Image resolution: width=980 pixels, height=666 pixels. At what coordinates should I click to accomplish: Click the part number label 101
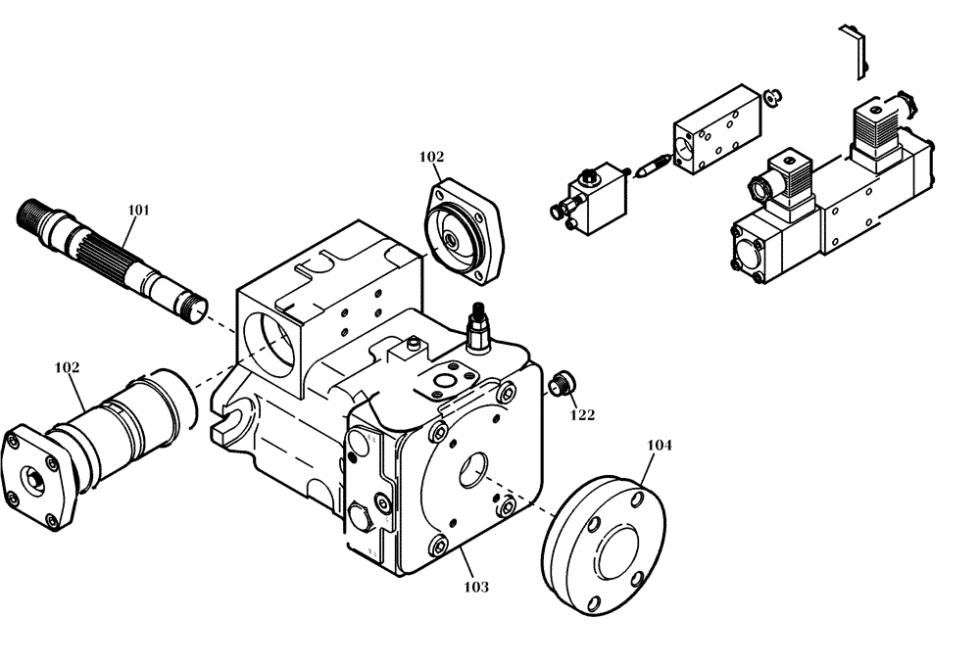click(x=139, y=209)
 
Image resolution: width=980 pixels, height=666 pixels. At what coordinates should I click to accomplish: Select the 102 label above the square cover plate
click(x=431, y=157)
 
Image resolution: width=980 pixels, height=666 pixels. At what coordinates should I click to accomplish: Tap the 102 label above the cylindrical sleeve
click(x=67, y=367)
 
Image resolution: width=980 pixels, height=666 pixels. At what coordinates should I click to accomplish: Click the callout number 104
click(x=660, y=445)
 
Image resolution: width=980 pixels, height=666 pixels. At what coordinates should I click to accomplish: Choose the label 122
click(x=582, y=414)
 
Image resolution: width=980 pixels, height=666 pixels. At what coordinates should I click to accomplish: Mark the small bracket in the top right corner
click(x=853, y=49)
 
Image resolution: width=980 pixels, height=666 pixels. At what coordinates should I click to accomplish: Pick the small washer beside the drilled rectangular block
click(x=771, y=96)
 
